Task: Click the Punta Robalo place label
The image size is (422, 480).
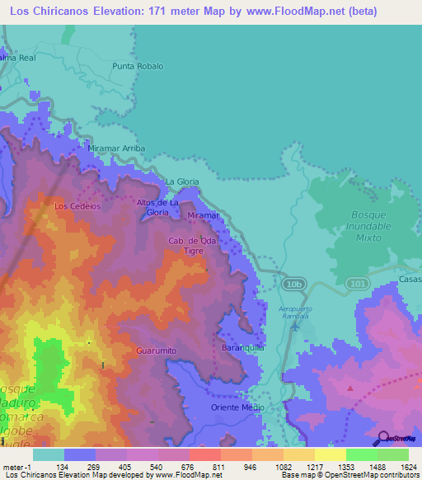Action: (x=138, y=66)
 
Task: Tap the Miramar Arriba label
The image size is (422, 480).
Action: (x=116, y=148)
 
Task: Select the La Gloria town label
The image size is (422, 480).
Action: (x=181, y=181)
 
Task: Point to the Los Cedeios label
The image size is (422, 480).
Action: (x=77, y=206)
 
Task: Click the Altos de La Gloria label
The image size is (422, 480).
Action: (x=157, y=207)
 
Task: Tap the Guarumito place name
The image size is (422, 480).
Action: (x=156, y=351)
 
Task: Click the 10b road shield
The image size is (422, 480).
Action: (x=295, y=283)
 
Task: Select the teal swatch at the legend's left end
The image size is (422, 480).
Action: (x=48, y=454)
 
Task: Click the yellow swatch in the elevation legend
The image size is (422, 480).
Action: (x=330, y=454)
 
